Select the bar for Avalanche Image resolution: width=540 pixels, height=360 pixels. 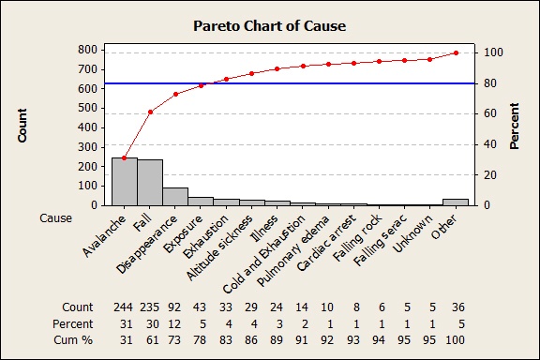[x=125, y=181]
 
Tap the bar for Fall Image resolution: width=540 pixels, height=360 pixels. [x=150, y=182]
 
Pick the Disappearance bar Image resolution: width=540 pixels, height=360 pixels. [x=175, y=196]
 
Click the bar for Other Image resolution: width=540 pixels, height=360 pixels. [x=456, y=202]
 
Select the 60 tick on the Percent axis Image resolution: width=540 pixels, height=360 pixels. [x=487, y=113]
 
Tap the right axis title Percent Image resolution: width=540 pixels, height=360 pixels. [x=514, y=127]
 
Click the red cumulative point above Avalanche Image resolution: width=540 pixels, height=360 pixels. [x=125, y=157]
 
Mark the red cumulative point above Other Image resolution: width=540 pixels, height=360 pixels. [x=456, y=52]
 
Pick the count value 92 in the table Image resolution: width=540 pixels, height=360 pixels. [x=175, y=307]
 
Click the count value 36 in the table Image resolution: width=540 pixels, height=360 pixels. [x=456, y=307]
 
